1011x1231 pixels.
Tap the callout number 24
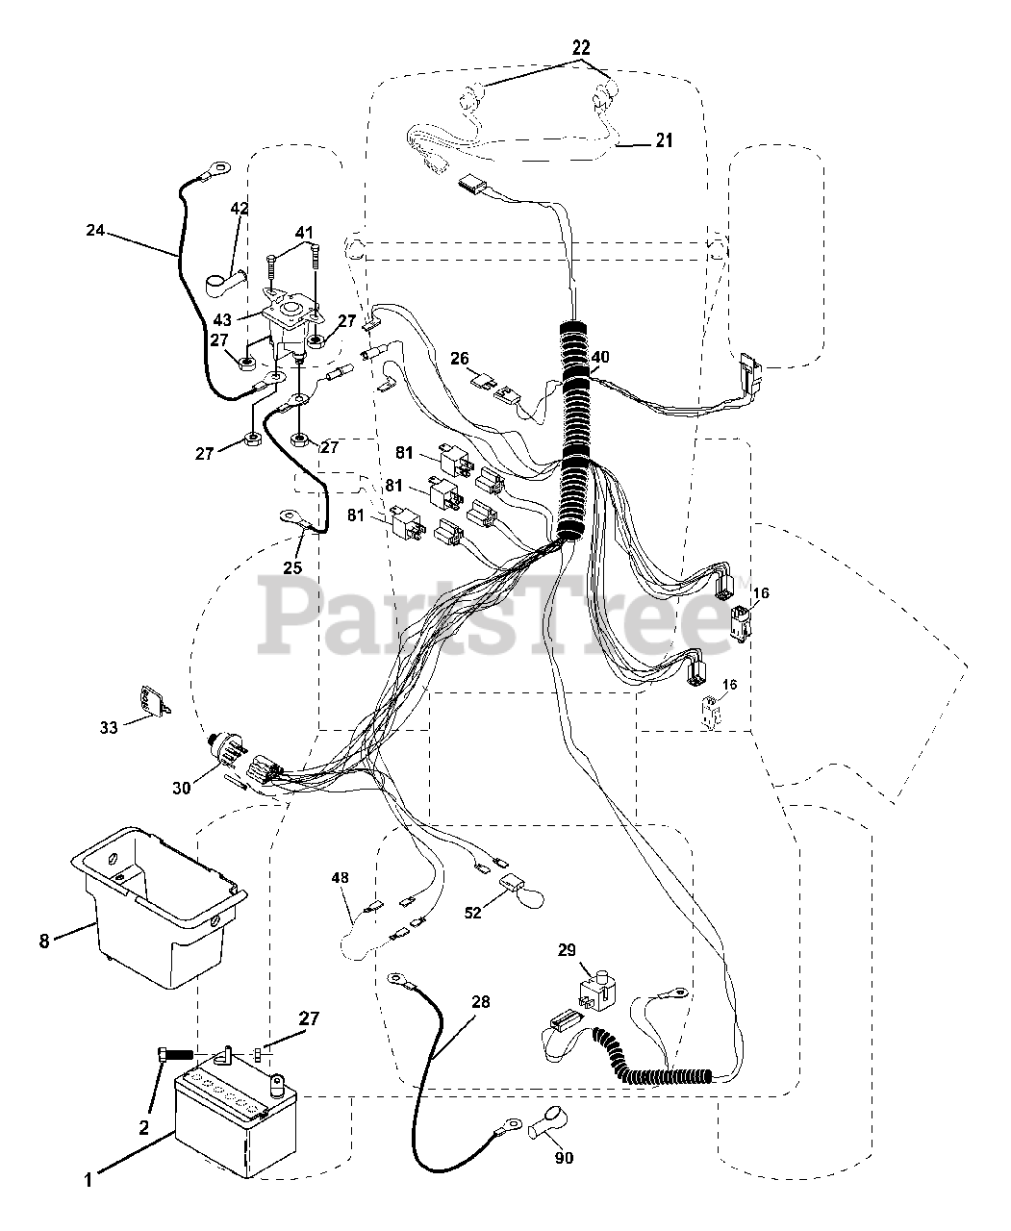pos(95,231)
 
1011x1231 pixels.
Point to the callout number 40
pos(600,357)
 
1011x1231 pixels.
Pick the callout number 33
pos(109,728)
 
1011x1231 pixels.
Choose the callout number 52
pos(472,914)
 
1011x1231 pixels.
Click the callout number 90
pos(565,1158)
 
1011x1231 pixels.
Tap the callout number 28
pos(481,1002)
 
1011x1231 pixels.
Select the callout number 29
pos(567,950)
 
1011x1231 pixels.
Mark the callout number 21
pos(664,140)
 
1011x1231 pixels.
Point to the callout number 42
pos(240,209)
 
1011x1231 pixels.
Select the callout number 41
pos(304,232)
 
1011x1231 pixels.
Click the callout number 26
pos(460,359)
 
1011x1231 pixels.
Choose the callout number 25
pos(292,567)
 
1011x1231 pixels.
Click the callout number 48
pos(341,878)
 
